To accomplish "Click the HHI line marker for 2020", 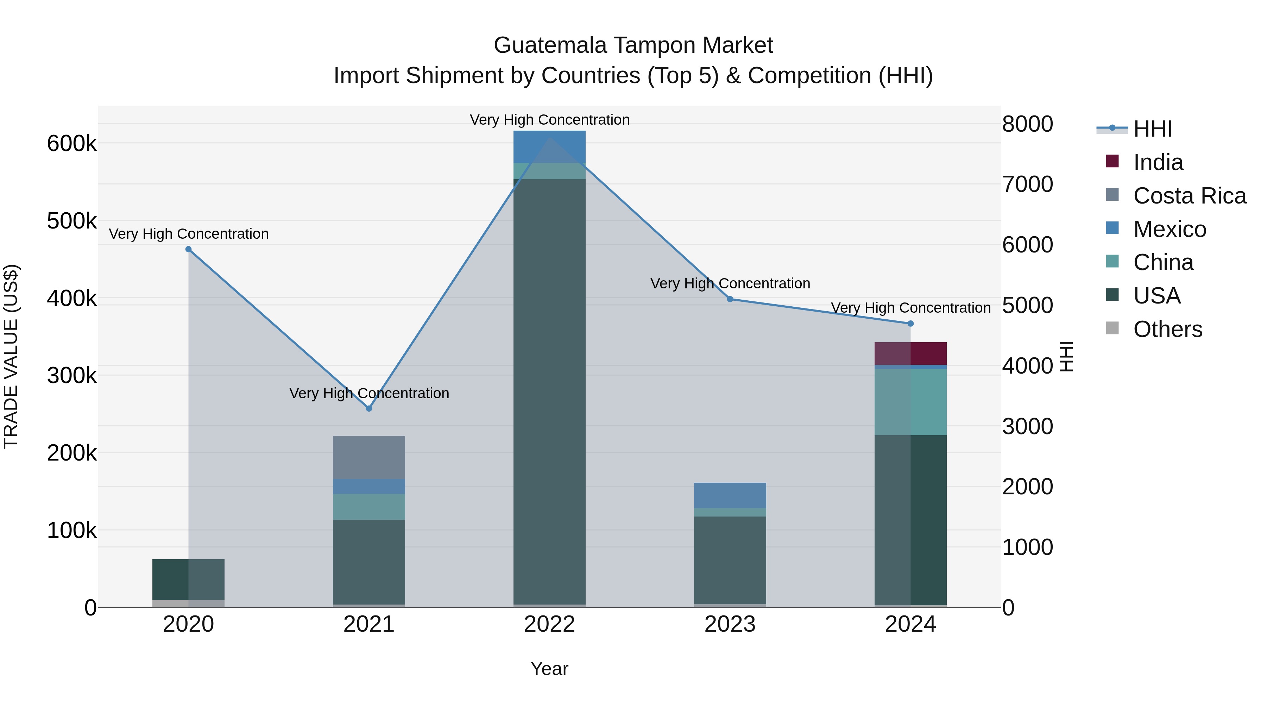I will tap(188, 250).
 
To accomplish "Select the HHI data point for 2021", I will tap(369, 408).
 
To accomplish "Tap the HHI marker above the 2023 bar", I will tap(730, 299).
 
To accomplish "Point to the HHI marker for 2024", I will tap(910, 324).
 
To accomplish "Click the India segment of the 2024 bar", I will tap(910, 353).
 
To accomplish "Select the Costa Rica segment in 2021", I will tap(369, 457).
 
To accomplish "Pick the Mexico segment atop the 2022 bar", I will tap(549, 146).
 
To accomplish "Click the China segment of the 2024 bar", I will tap(910, 402).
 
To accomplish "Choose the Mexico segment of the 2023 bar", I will tap(730, 495).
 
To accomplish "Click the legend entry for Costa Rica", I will tap(1189, 196).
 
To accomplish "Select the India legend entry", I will tap(1158, 162).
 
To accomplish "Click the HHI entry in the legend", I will tap(1152, 129).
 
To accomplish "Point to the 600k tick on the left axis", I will tap(72, 144).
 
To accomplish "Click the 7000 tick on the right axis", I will tap(1027, 184).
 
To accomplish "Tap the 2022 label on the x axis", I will tap(549, 624).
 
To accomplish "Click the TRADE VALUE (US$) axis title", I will tap(11, 356).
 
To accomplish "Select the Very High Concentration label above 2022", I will tap(549, 120).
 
